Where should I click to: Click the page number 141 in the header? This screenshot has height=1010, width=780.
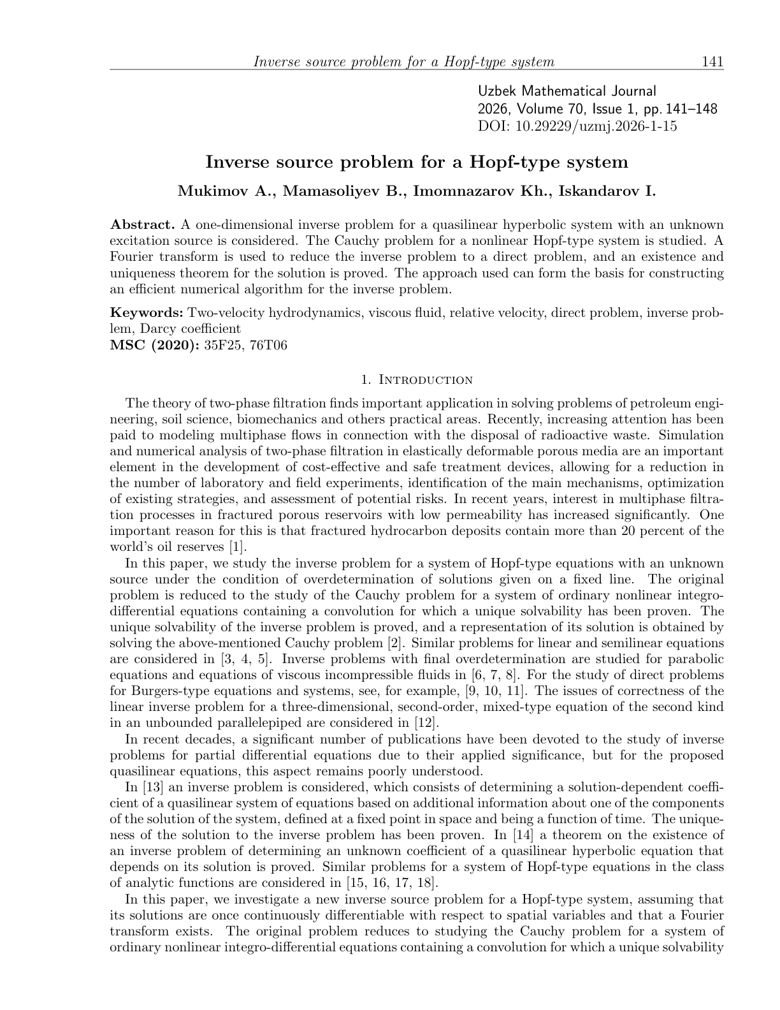[712, 62]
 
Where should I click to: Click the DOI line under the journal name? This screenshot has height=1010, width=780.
[577, 126]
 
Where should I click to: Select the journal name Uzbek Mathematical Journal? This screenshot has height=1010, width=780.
[567, 92]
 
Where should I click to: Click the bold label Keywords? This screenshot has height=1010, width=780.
[147, 312]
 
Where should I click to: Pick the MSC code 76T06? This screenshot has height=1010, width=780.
[268, 345]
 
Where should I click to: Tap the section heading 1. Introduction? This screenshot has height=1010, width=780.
[417, 380]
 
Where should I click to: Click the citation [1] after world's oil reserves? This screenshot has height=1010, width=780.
[237, 547]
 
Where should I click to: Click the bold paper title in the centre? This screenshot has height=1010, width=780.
[417, 162]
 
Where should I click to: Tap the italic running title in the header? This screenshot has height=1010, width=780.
[404, 62]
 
